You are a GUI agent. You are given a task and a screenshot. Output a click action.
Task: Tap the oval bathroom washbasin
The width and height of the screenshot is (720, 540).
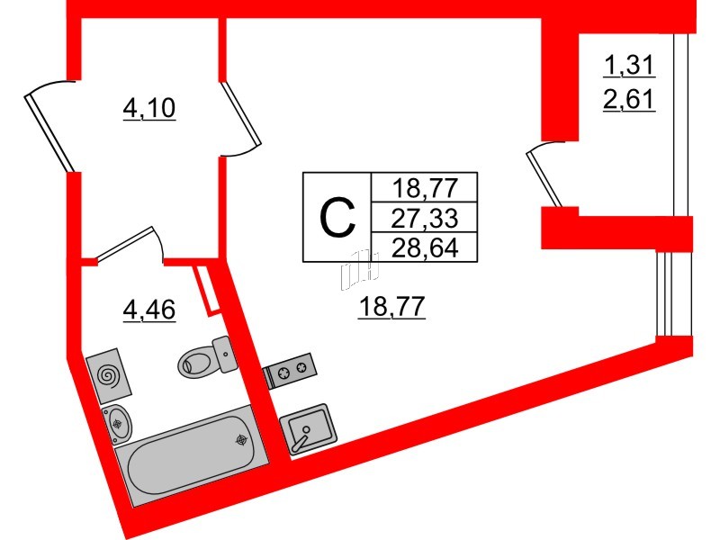click(118, 421)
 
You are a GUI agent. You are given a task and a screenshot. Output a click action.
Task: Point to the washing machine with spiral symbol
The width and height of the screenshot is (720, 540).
click(108, 373)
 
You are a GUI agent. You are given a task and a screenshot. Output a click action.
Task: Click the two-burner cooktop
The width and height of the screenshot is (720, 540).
click(288, 370)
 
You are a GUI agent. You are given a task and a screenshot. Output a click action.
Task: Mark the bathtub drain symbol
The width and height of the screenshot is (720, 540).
click(242, 440)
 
